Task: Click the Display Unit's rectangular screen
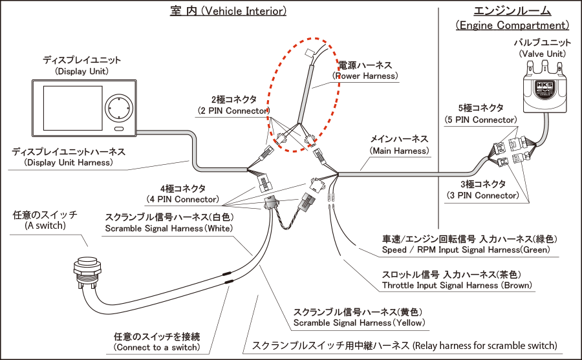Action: pos(72,109)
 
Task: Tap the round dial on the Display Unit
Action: pos(119,109)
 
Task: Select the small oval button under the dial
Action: pos(119,129)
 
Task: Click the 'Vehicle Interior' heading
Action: pos(228,11)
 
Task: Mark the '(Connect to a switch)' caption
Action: pos(156,347)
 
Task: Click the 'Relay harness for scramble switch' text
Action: pos(485,346)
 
